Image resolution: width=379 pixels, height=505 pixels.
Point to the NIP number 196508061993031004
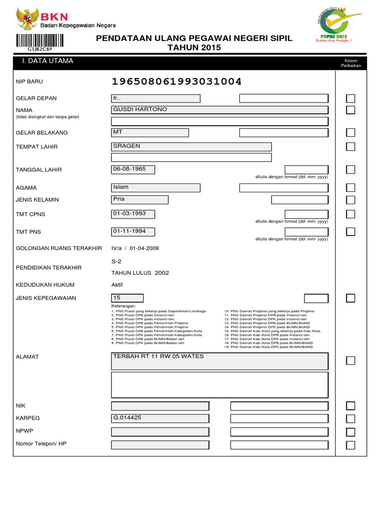[177, 81]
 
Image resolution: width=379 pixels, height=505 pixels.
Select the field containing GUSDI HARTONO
[220, 109]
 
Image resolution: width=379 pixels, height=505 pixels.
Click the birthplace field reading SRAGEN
[191, 146]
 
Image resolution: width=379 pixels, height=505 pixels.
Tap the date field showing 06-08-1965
[133, 170]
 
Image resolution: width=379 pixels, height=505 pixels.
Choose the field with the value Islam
[156, 187]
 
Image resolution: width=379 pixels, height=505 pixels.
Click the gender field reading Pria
[140, 200]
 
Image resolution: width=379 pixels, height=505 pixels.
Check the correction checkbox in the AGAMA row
[350, 187]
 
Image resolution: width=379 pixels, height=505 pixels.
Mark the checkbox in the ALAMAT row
[350, 361]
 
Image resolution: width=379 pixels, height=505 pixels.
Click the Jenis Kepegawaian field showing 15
[128, 298]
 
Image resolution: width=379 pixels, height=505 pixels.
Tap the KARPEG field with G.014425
[160, 418]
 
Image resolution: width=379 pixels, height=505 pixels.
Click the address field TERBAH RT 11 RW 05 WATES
[220, 361]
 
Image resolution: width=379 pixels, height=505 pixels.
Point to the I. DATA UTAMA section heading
[45, 61]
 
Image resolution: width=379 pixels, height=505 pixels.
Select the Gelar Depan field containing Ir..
[156, 98]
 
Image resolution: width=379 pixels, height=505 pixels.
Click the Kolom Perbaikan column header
[350, 63]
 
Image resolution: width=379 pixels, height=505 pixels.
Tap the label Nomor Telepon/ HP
[41, 444]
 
